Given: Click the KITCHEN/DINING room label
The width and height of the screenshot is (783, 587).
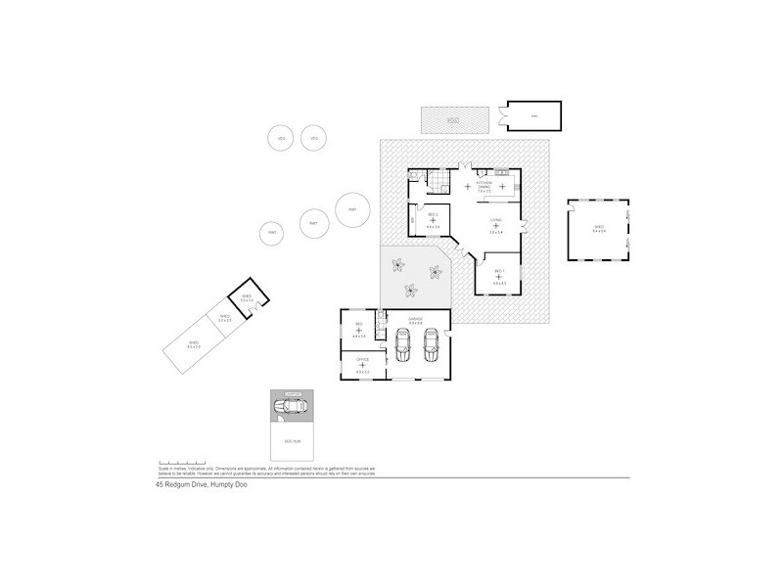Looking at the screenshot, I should pyautogui.click(x=483, y=185).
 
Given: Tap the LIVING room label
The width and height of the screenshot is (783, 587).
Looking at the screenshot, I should pyautogui.click(x=496, y=221).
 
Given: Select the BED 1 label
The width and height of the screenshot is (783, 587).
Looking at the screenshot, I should pyautogui.click(x=498, y=271).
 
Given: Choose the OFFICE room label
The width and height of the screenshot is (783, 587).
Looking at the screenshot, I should pyautogui.click(x=362, y=360).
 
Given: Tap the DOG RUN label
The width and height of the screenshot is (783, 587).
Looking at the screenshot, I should pyautogui.click(x=292, y=442).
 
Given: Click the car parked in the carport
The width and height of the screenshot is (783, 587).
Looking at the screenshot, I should pyautogui.click(x=291, y=407).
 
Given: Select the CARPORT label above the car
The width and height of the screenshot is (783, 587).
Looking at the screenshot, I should pyautogui.click(x=291, y=394).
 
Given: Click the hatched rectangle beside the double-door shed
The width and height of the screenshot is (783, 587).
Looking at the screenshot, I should pyautogui.click(x=454, y=119).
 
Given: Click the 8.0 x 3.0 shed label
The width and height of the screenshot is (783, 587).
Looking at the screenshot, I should pyautogui.click(x=194, y=343).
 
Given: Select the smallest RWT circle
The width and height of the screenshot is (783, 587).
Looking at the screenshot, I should pyautogui.click(x=271, y=233).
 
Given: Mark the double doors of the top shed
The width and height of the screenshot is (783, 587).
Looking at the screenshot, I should pyautogui.click(x=500, y=116).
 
